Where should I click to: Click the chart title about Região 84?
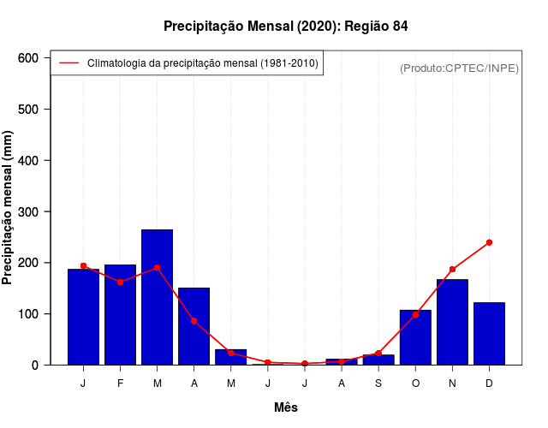tap(285, 27)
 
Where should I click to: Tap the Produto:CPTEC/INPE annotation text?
tap(459, 68)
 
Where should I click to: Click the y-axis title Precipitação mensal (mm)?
tap(9, 212)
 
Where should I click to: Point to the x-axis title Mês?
tap(286, 407)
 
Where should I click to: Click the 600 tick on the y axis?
tap(28, 58)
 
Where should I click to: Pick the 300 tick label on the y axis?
tap(28, 211)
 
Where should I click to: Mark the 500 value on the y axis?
tap(28, 110)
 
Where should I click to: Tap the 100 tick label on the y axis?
tap(28, 314)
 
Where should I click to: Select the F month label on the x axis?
tap(120, 383)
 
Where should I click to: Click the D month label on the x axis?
tap(489, 383)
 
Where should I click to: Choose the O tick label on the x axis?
tap(415, 383)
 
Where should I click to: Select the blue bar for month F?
tap(120, 314)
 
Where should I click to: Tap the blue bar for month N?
tap(452, 322)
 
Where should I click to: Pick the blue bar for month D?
tap(489, 333)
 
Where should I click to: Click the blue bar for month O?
tap(415, 337)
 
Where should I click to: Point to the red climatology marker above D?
tap(489, 242)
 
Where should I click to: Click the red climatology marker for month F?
tap(120, 282)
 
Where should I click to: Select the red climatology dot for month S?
tap(378, 353)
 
